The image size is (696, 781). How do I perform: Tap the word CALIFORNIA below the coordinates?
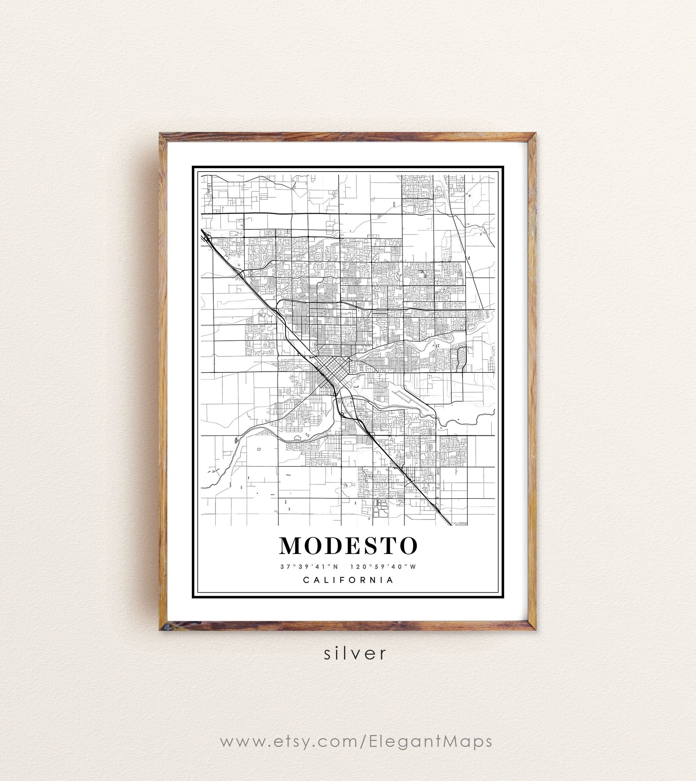[348, 580]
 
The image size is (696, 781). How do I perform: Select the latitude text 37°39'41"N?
[309, 567]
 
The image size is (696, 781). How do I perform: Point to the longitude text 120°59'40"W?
[383, 567]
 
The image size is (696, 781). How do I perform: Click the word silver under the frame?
[355, 654]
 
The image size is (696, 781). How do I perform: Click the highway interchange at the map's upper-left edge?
[208, 239]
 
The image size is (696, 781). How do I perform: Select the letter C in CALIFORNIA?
[306, 580]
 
